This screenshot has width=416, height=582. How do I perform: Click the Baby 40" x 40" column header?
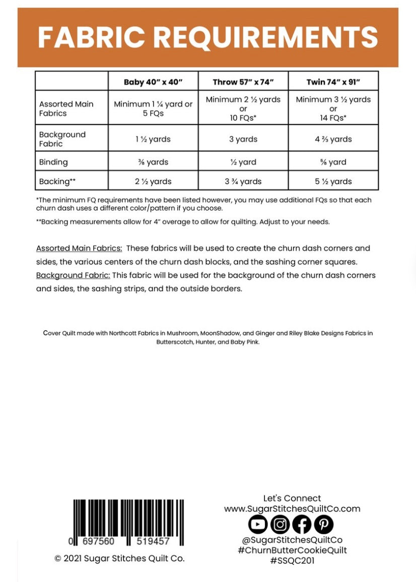(x=153, y=81)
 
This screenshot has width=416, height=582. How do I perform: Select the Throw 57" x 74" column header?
(x=243, y=81)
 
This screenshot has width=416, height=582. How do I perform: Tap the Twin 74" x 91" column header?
(x=333, y=81)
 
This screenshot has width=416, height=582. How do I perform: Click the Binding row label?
(x=53, y=162)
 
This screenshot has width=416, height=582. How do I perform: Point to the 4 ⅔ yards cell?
(x=333, y=139)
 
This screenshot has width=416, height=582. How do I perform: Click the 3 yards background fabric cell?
(x=243, y=139)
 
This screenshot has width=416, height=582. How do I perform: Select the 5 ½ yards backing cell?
(x=333, y=182)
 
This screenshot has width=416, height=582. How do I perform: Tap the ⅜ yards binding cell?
(x=153, y=162)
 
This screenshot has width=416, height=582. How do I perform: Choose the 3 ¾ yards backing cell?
(x=243, y=182)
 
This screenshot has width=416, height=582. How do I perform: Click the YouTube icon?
(x=258, y=525)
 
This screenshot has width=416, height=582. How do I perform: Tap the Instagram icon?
(x=280, y=525)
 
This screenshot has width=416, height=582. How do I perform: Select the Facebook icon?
(x=302, y=525)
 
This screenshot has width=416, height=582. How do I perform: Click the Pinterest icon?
(x=324, y=525)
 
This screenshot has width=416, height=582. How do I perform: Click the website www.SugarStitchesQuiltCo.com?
(x=292, y=509)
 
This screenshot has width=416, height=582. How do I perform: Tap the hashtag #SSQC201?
(x=292, y=560)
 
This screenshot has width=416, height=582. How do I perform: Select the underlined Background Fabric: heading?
(x=73, y=276)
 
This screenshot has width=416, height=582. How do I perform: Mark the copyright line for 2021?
(x=119, y=558)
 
